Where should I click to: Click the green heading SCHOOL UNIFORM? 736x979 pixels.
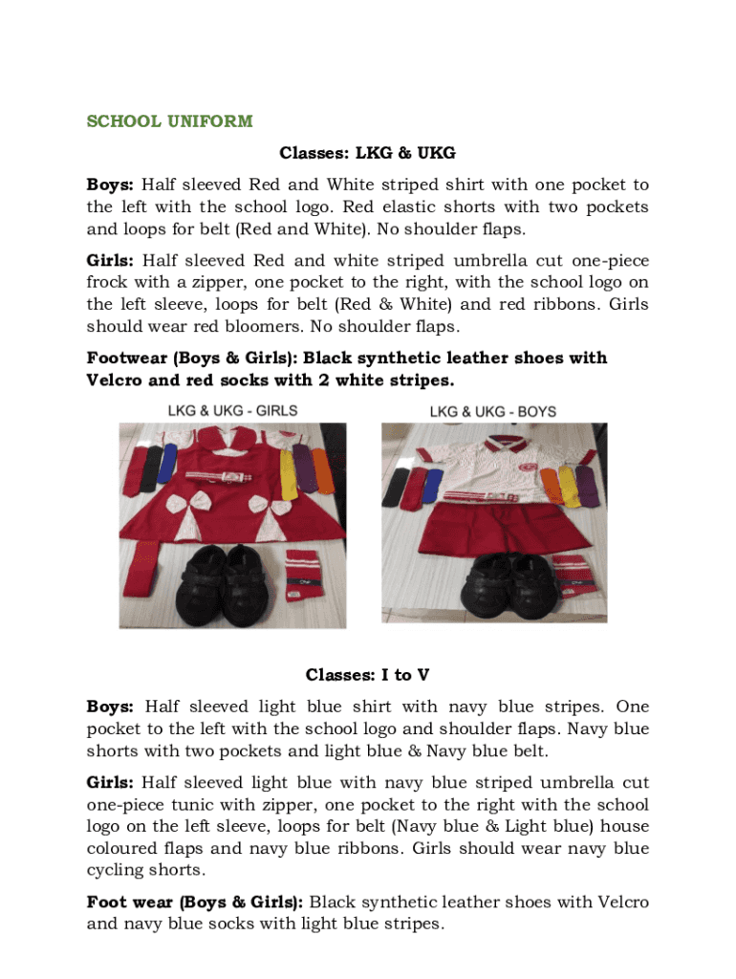pos(169,121)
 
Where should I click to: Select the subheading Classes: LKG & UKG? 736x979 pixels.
pos(367,153)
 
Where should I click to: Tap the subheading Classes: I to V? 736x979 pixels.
pos(367,675)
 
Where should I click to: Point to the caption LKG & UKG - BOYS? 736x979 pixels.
pos(492,412)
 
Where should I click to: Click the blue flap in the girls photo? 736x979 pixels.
pos(169,464)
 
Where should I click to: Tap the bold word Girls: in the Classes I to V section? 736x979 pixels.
pos(110,783)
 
